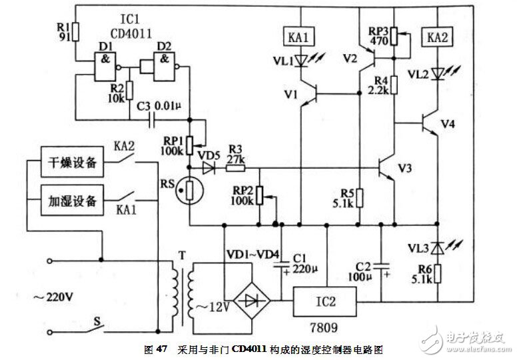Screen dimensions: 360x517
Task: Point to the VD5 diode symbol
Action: pyautogui.click(x=210, y=169)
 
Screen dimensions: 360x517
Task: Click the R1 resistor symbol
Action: pyautogui.click(x=75, y=31)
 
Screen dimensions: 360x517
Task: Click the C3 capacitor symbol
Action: pyautogui.click(x=153, y=121)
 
